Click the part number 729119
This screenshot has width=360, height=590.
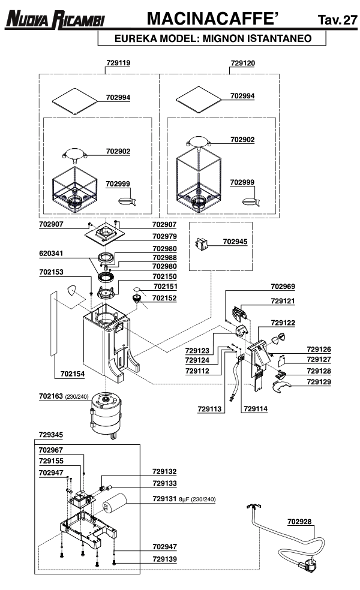[x=118, y=62]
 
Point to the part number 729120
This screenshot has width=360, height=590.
[x=242, y=62]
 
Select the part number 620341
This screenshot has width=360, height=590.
[x=52, y=254]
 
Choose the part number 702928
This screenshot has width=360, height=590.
[x=299, y=521]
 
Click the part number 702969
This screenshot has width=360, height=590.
[x=283, y=287]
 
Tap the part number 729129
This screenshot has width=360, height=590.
[x=319, y=382]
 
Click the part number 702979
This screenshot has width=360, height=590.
[x=164, y=236]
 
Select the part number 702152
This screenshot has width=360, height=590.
[x=164, y=297]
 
